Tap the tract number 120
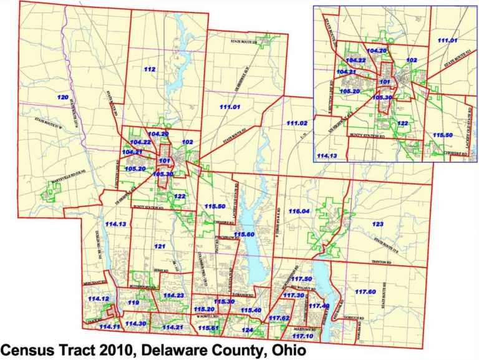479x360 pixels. [x=62, y=98]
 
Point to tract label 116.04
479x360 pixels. [x=299, y=212]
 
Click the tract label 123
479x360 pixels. [x=378, y=223]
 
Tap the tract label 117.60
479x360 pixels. [x=365, y=292]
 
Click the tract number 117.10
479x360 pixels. [x=302, y=336]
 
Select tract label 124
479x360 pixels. [x=248, y=329]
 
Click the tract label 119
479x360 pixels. [x=133, y=303]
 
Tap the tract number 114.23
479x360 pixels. [x=173, y=294]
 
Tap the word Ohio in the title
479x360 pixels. [x=286, y=350]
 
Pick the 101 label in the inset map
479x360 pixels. [x=384, y=81]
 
